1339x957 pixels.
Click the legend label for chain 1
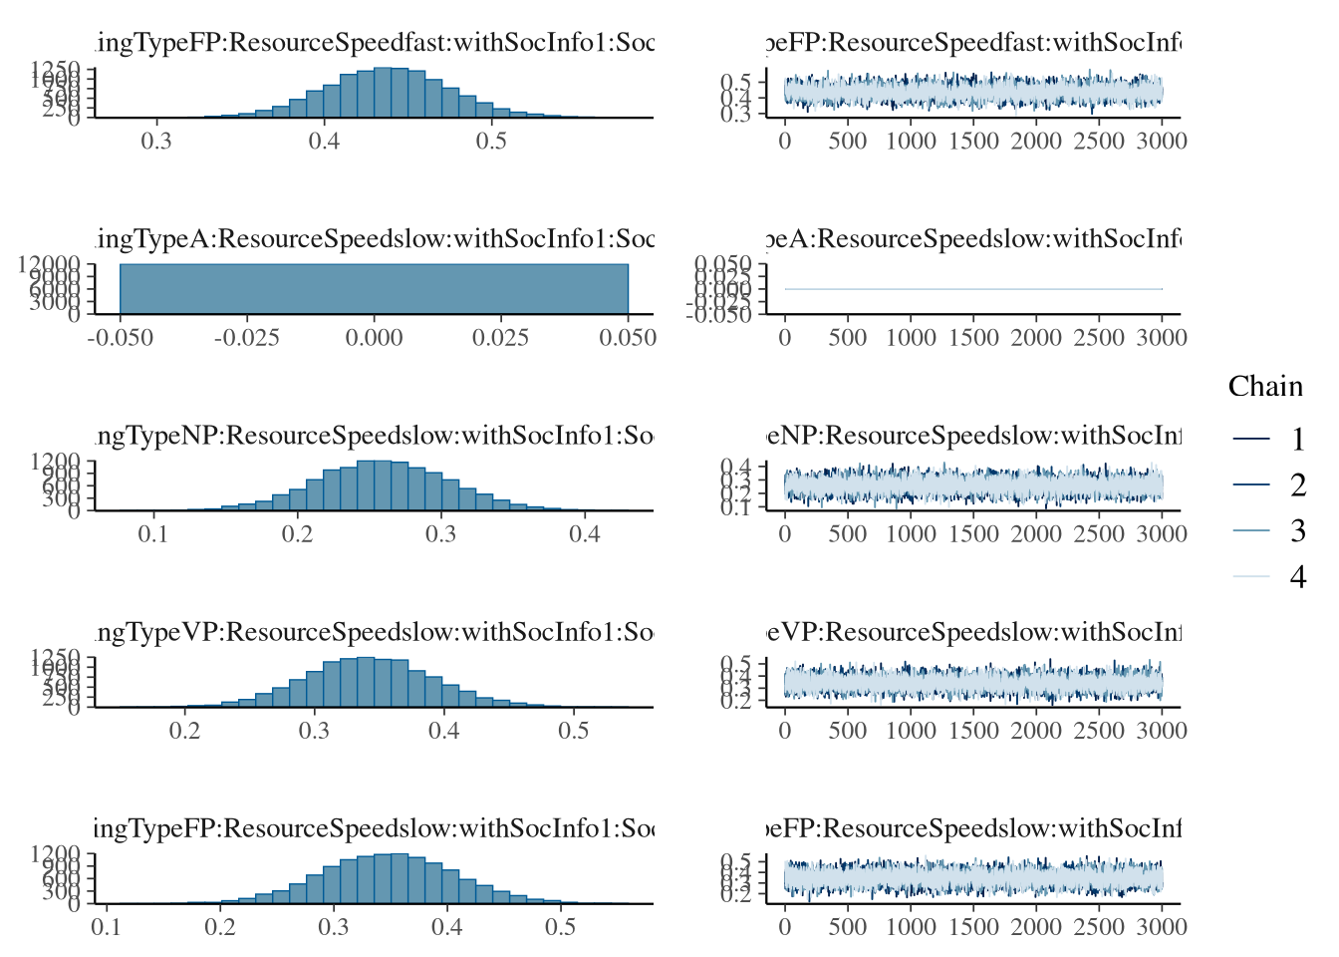(x=1297, y=439)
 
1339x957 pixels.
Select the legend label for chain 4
(x=1297, y=576)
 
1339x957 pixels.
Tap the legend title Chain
(x=1265, y=387)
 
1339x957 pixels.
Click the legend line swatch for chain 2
(x=1251, y=484)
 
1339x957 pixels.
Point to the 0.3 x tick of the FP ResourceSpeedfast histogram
(x=156, y=141)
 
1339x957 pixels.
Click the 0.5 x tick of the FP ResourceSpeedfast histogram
(x=491, y=141)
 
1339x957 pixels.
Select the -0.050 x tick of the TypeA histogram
(x=121, y=337)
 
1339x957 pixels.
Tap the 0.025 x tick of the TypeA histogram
(x=500, y=337)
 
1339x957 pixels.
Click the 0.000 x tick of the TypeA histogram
(x=374, y=337)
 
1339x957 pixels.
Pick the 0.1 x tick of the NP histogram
(x=152, y=533)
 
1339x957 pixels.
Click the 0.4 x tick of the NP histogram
(x=585, y=533)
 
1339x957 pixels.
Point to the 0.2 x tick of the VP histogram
(x=184, y=731)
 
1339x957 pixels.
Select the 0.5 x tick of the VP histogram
(x=573, y=731)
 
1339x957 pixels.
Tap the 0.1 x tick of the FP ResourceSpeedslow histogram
(x=107, y=927)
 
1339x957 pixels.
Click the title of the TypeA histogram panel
(x=374, y=239)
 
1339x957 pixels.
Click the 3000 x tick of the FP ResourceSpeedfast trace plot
(x=1162, y=141)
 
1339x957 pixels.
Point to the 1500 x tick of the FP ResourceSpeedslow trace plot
(x=973, y=927)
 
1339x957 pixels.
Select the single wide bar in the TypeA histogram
(x=374, y=289)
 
